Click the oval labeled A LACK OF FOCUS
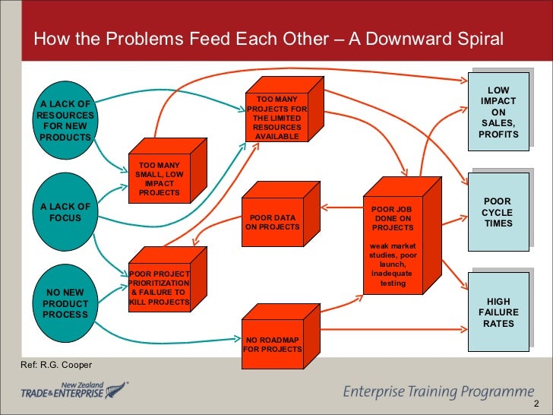coord(65,212)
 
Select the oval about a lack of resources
coord(65,120)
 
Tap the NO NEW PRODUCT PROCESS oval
coord(65,303)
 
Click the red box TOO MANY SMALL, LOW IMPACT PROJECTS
coord(159,178)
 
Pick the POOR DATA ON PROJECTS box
coord(272,221)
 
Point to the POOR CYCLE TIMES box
coord(498,213)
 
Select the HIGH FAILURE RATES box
coord(498,312)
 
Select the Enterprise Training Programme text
coord(439,391)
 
